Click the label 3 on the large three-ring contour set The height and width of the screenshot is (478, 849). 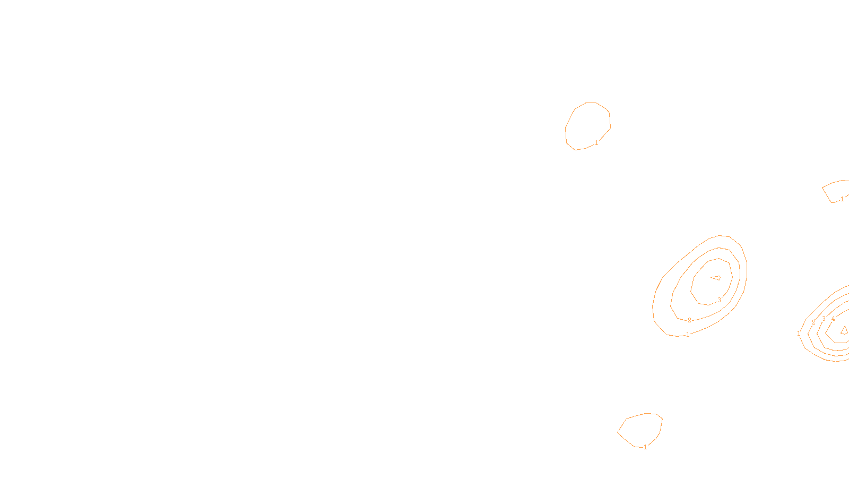coord(719,300)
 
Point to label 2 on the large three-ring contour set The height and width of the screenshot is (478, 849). coord(689,320)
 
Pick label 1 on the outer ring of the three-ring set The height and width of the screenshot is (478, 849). coord(688,335)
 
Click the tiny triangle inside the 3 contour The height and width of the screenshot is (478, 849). coord(716,278)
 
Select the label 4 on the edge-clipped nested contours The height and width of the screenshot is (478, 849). coord(833,319)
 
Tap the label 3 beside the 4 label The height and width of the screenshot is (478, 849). coord(824,319)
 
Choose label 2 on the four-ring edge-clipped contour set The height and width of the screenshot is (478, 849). coord(813,322)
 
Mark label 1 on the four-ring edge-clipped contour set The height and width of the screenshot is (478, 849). coord(799,334)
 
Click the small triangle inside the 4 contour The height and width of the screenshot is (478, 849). coord(844,330)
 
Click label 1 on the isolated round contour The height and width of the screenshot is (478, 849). coord(596,143)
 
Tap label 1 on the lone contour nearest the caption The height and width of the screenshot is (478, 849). coord(645,447)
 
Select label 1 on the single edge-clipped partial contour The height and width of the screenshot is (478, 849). coord(842,199)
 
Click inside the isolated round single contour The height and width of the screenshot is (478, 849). coord(588,126)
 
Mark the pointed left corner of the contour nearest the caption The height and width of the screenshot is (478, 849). coord(618,432)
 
